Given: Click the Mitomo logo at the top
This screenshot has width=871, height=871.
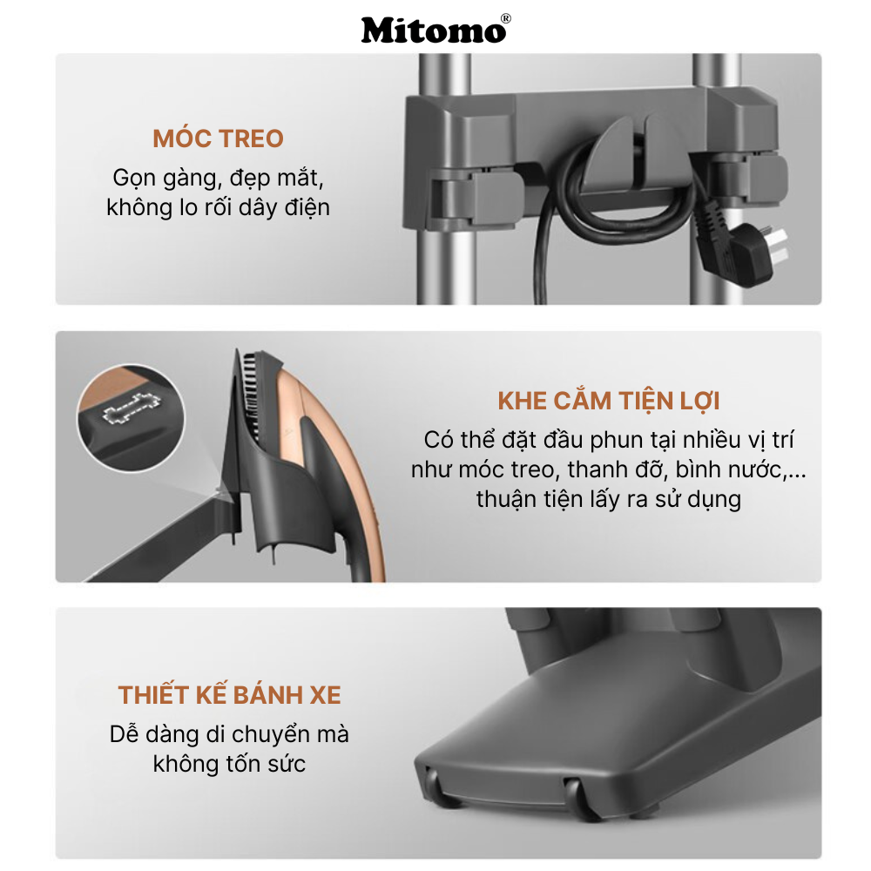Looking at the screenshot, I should point(433,30).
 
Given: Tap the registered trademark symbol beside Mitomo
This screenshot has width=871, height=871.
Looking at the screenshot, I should point(506,18).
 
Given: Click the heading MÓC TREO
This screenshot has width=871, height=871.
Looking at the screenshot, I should point(218,138).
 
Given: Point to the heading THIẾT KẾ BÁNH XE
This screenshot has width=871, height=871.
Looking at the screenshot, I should point(229,695).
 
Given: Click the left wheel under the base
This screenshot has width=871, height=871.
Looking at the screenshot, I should point(434,775).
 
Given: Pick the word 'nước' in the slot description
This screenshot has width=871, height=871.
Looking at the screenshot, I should point(750,469).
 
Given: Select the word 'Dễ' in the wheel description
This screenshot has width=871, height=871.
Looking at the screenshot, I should point(125,734).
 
